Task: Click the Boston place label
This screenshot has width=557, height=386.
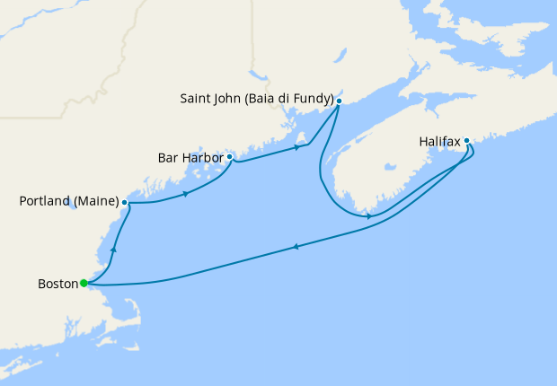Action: click(57, 285)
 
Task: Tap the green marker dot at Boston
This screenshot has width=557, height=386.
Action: click(84, 283)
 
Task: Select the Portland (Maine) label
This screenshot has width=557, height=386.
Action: click(68, 202)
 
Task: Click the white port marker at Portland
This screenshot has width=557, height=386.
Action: click(125, 203)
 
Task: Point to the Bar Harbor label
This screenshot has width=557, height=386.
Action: click(190, 157)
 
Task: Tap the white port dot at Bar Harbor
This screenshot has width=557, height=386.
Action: click(230, 156)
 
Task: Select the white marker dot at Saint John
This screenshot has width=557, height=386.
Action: click(339, 101)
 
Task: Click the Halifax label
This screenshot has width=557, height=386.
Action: click(439, 142)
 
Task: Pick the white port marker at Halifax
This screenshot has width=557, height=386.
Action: click(467, 140)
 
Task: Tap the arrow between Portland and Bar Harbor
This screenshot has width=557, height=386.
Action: click(185, 194)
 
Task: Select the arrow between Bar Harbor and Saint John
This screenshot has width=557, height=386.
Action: click(296, 147)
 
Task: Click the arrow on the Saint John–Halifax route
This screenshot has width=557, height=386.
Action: click(370, 216)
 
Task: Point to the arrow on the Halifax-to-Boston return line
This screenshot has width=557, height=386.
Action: click(296, 247)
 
